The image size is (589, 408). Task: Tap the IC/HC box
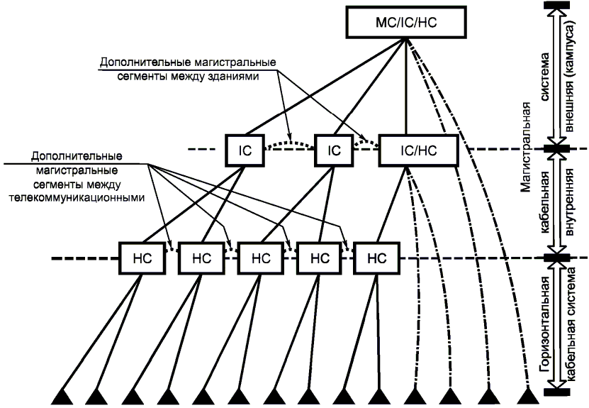tap(418, 150)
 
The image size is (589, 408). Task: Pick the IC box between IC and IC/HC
tap(335, 150)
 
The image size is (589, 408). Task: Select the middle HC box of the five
tap(257, 258)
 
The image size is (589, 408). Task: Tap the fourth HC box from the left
tap(315, 258)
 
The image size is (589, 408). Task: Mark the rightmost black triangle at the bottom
tap(527, 395)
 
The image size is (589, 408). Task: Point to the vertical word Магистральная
tap(526, 149)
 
